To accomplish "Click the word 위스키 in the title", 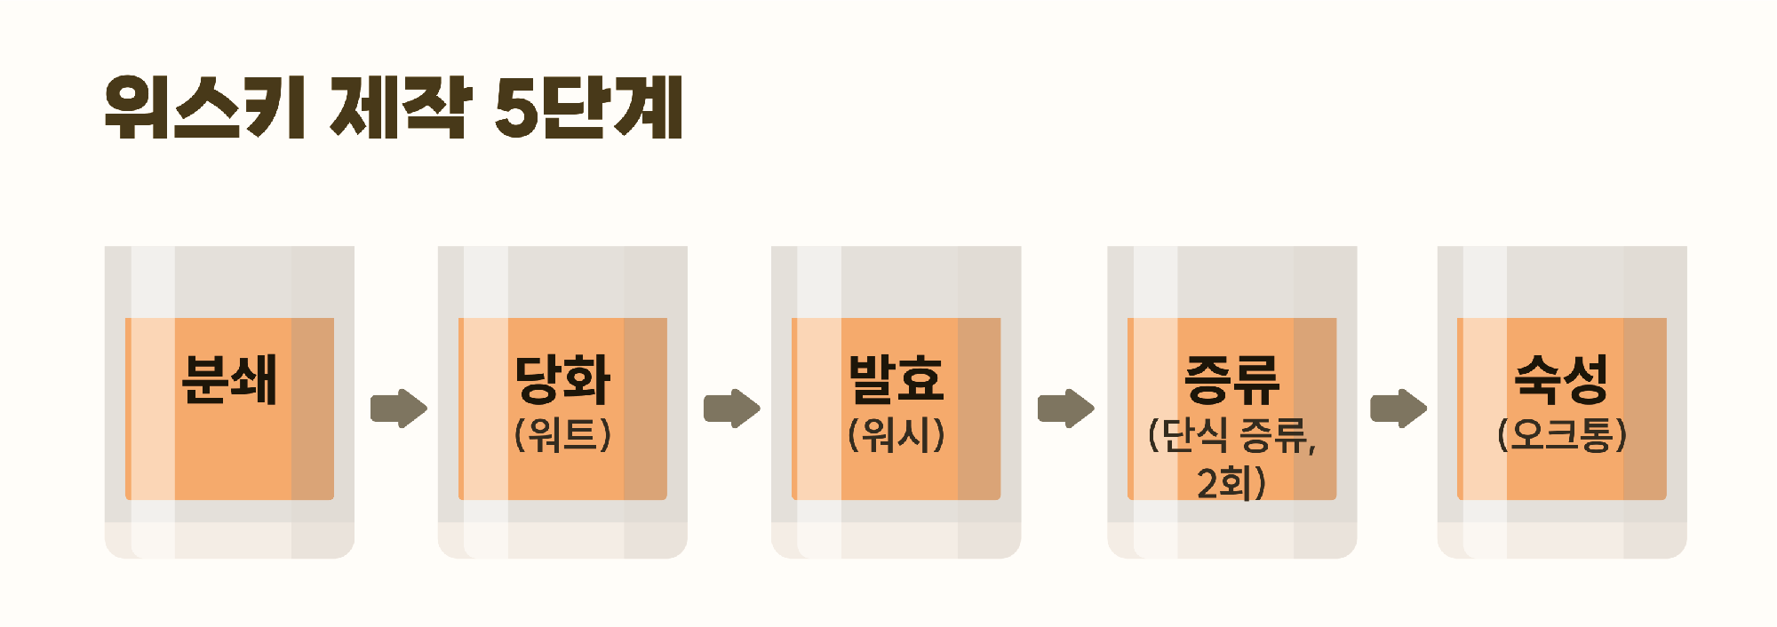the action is [206, 107].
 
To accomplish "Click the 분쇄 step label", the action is [229, 379].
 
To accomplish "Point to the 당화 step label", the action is [562, 379].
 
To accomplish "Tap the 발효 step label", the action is [896, 379].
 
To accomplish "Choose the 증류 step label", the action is [1231, 379].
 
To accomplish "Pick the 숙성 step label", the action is [1562, 379].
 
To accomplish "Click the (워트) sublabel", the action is [562, 435].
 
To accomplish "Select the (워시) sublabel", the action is [896, 435].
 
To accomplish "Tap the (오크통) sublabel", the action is [1562, 435].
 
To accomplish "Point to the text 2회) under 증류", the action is [1231, 483].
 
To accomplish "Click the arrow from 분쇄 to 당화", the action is [399, 409].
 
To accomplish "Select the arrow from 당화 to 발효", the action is [732, 409].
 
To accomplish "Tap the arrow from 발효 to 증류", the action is [1066, 409].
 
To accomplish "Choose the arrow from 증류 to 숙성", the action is [1398, 409].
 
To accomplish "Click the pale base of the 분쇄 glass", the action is [229, 540].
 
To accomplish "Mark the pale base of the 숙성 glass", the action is [1562, 540].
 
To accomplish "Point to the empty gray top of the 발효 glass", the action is [896, 282].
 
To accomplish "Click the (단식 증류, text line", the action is [1231, 435].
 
